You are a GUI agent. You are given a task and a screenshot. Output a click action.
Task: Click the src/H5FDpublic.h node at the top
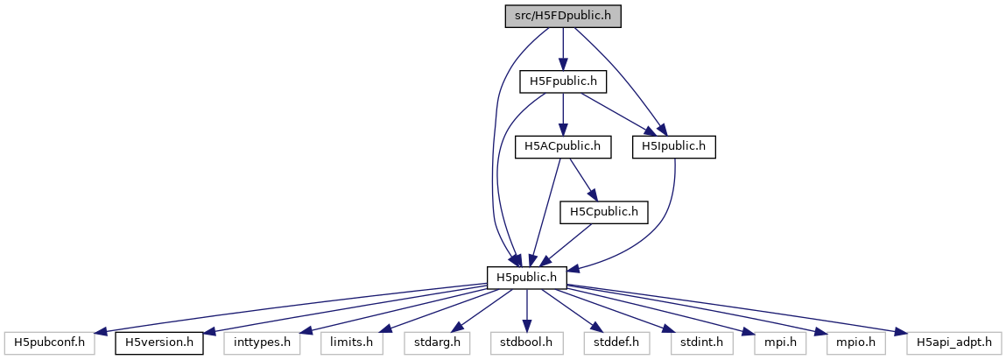(563, 17)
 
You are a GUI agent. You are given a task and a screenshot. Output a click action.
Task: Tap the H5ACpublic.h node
(562, 146)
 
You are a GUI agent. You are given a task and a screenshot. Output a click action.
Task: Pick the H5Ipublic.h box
(674, 146)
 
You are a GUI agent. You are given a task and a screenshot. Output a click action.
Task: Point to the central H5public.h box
(527, 277)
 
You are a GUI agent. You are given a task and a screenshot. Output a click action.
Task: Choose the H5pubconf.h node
(49, 342)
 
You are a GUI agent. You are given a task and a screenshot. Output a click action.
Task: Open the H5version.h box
(159, 342)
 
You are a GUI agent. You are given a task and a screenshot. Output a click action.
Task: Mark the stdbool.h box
(526, 342)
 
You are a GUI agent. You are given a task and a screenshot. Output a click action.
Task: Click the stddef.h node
(615, 342)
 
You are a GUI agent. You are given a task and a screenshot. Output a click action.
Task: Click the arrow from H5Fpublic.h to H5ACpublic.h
(562, 114)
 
